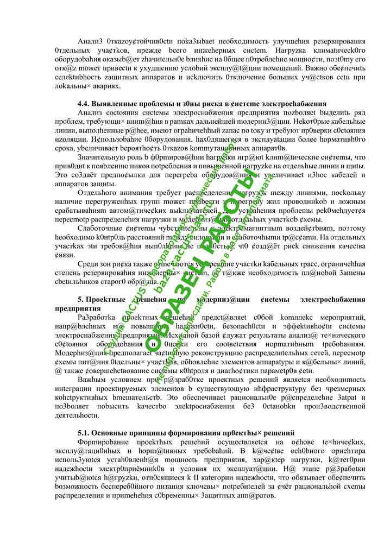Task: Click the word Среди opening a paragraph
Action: tap(88, 263)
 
